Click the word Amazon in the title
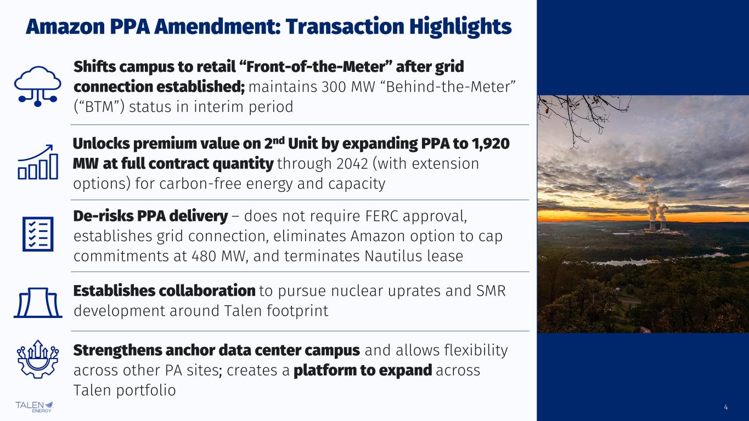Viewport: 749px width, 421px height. [x=65, y=27]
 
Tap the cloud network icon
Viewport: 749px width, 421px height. [x=38, y=86]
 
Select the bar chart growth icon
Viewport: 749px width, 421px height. [x=38, y=162]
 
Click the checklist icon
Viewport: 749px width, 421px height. [x=38, y=234]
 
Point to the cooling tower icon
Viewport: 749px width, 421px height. [x=38, y=303]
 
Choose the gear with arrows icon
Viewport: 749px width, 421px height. [x=38, y=359]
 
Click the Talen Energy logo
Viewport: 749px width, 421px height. [x=34, y=407]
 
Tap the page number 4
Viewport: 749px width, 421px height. [x=725, y=407]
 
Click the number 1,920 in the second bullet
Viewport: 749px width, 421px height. [x=491, y=144]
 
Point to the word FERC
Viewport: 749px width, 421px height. [x=382, y=216]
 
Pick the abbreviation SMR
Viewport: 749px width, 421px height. [x=491, y=291]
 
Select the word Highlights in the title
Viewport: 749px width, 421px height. [x=460, y=27]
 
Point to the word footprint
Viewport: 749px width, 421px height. [x=297, y=311]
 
